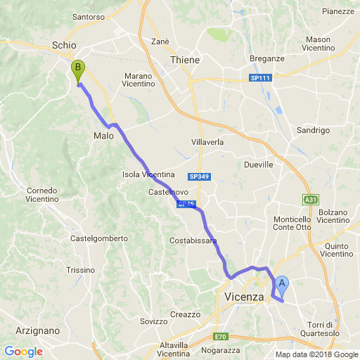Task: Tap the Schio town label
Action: coord(63,45)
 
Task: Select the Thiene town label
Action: coord(185,60)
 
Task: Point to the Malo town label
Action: coord(103,136)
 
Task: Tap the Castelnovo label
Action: coord(167,191)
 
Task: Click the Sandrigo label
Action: coord(314,130)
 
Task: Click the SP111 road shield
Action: coord(262,77)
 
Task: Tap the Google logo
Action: coord(23,352)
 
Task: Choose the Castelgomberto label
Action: coord(98,238)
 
